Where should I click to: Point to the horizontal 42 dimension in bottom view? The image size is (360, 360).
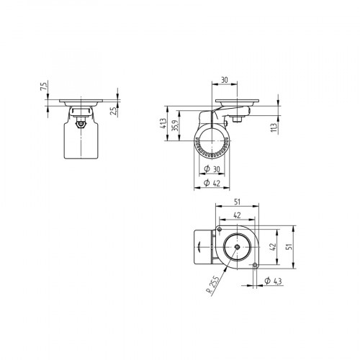tap(237, 215)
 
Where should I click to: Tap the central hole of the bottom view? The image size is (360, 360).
tap(236, 246)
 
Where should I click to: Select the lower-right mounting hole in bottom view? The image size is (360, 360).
tap(256, 265)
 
